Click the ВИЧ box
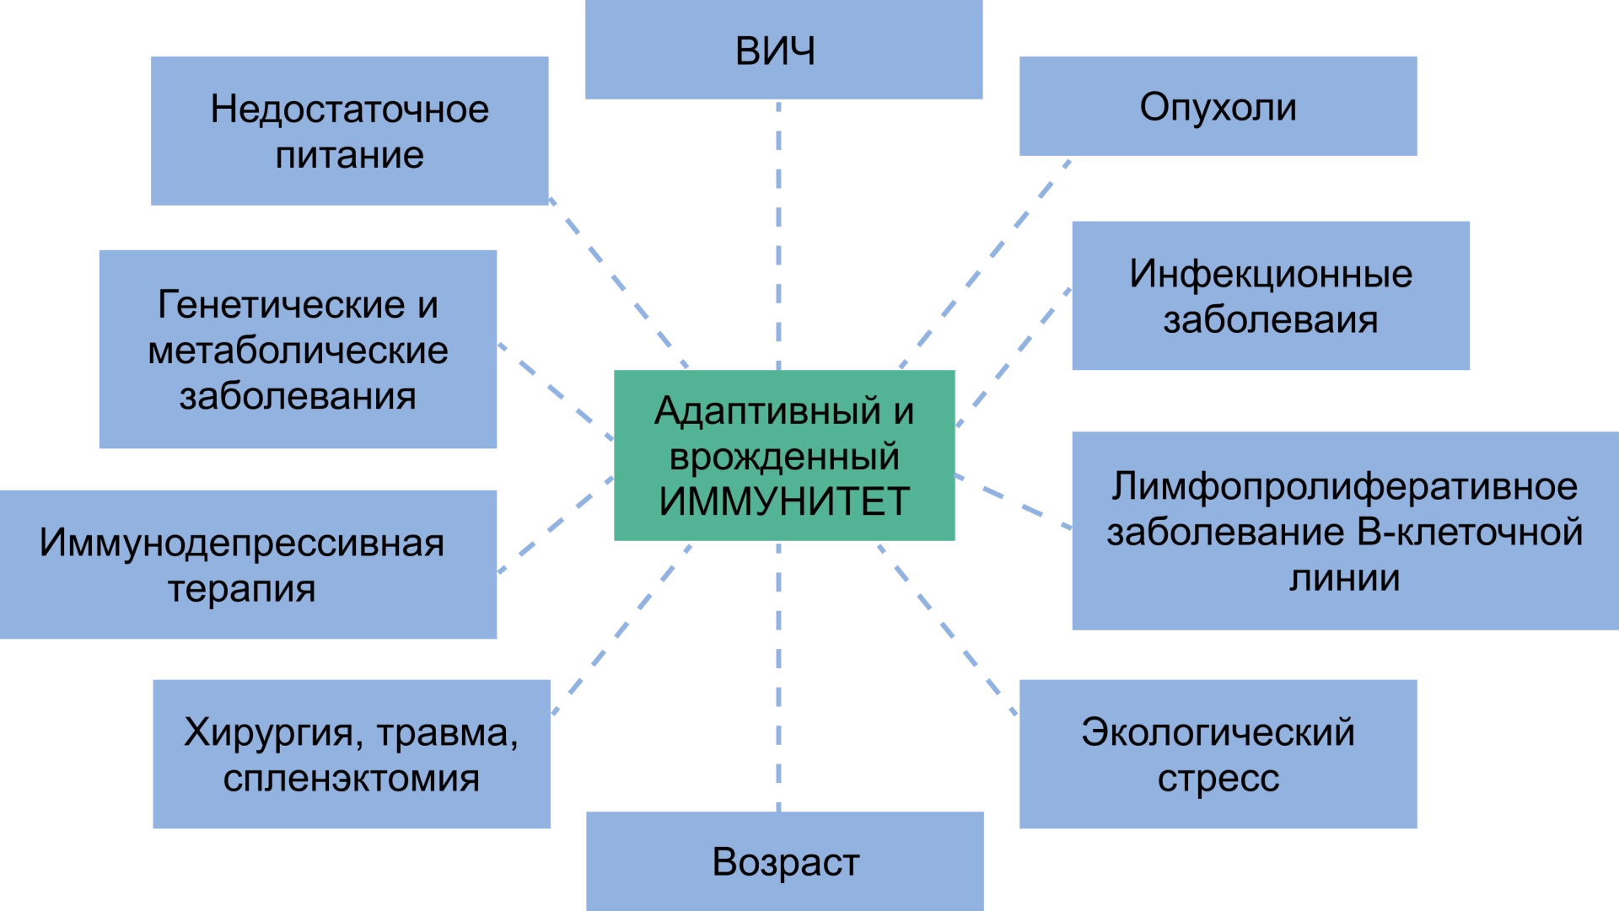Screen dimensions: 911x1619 pos(782,51)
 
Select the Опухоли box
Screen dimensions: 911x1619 pos(1219,108)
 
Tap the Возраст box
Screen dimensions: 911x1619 pos(782,861)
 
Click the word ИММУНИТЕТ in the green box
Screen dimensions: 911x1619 pos(784,502)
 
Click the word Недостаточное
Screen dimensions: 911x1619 pos(349,110)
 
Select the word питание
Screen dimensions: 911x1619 pos(349,155)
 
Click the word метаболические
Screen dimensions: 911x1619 pos(298,351)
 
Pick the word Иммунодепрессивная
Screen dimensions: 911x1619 pos(241,544)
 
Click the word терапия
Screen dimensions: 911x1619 pos(241,589)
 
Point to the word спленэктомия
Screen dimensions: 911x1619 pos(351,779)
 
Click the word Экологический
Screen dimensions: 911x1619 pos(1218,732)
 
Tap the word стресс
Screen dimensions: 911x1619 pos(1218,779)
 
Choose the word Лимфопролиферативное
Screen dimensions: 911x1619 pos(1344,487)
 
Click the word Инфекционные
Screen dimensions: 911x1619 pos(1271,275)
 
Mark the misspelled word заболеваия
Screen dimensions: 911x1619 pos(1271,320)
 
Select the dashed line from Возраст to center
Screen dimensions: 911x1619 pos(778,674)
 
